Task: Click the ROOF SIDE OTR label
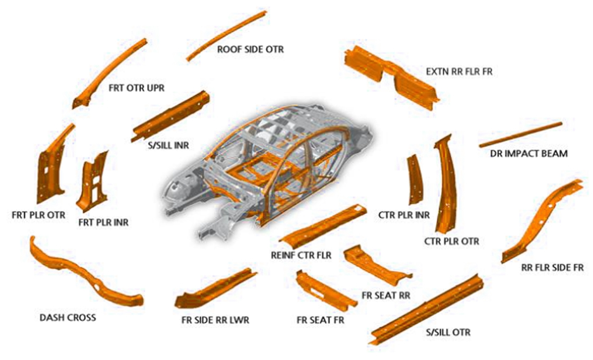click(250, 49)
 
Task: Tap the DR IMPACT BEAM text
click(529, 154)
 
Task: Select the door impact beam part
click(520, 134)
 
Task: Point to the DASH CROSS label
click(68, 317)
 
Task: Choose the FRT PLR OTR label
click(38, 215)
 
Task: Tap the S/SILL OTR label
click(448, 332)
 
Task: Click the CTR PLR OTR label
click(452, 241)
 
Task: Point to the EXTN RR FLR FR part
click(392, 76)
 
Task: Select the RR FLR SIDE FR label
click(552, 268)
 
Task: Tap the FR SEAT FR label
click(320, 320)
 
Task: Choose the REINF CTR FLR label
click(301, 255)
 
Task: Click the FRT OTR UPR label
click(137, 88)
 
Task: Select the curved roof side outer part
click(227, 35)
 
